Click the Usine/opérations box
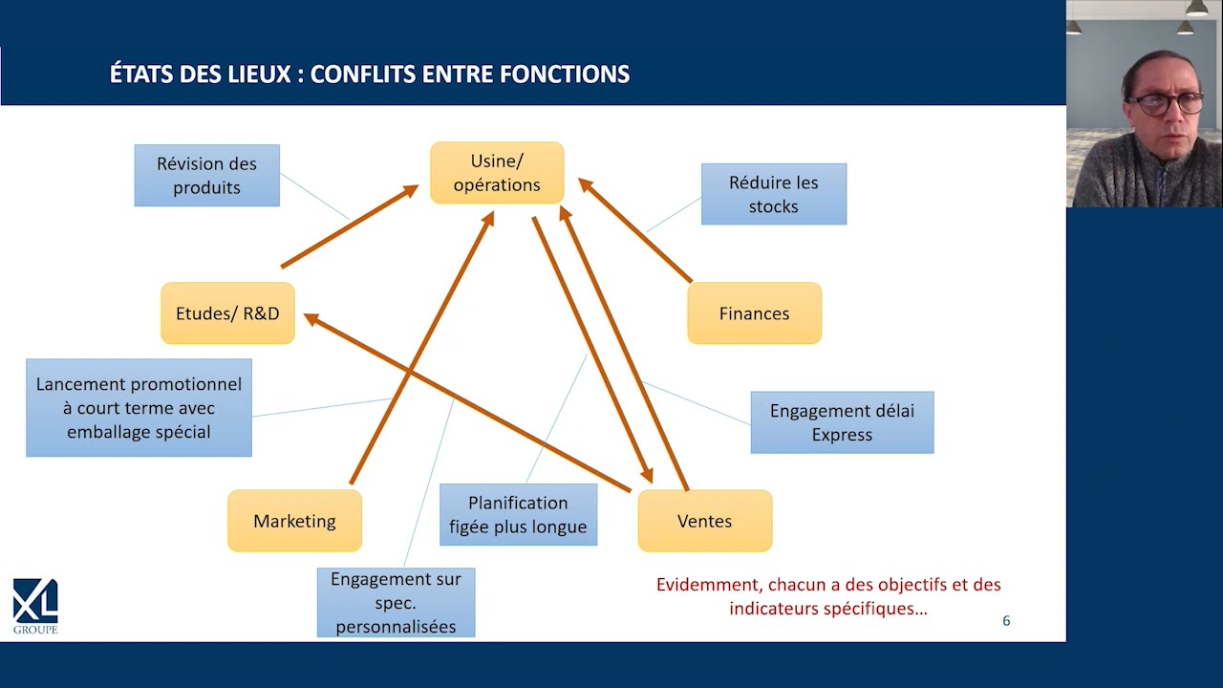(x=497, y=173)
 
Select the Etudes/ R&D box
(x=227, y=312)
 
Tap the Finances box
(x=754, y=312)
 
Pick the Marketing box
(x=294, y=521)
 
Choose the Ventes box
(x=705, y=521)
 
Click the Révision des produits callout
(x=207, y=175)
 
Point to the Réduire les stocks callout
(x=774, y=194)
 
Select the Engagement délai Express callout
(x=842, y=422)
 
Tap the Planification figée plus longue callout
(x=518, y=514)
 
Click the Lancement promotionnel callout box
(x=139, y=407)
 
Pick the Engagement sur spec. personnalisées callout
(x=396, y=602)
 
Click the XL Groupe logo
(x=35, y=606)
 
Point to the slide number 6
(x=1006, y=621)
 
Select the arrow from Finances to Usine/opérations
(x=635, y=230)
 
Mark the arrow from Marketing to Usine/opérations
(x=422, y=348)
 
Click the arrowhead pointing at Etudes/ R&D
(x=311, y=319)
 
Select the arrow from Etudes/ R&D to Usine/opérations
(x=350, y=226)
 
